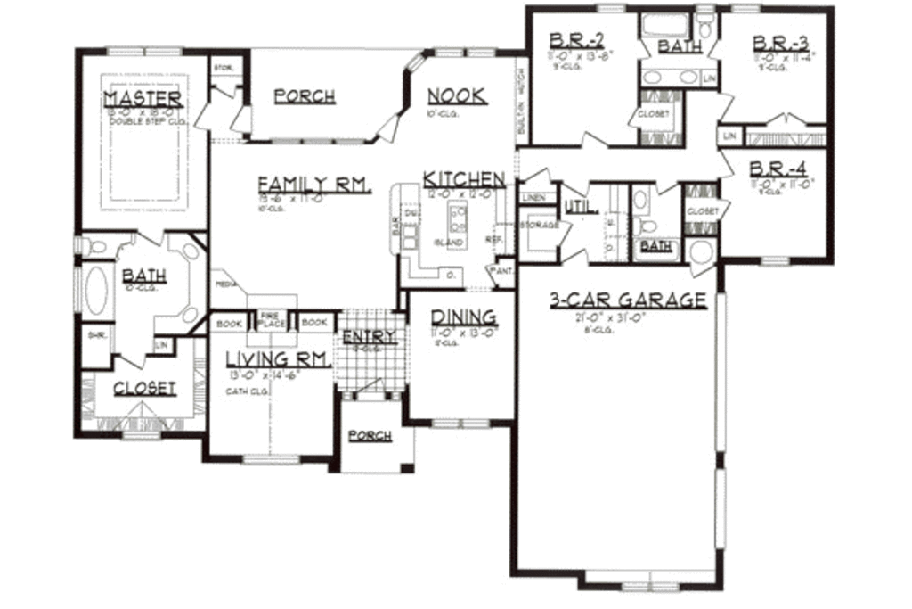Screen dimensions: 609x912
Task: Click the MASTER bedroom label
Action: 143,98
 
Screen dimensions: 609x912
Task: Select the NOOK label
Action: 457,96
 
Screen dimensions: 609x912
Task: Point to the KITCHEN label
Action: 464,178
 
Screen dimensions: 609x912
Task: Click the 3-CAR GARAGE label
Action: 627,300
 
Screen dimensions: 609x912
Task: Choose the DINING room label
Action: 463,317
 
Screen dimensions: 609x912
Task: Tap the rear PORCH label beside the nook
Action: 305,96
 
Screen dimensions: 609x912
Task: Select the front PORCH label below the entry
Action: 370,436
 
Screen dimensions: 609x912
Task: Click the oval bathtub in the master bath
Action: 95,290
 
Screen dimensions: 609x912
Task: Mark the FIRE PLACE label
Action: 272,320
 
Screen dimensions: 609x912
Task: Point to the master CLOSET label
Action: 144,389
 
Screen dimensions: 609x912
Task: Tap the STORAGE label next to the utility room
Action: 541,226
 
